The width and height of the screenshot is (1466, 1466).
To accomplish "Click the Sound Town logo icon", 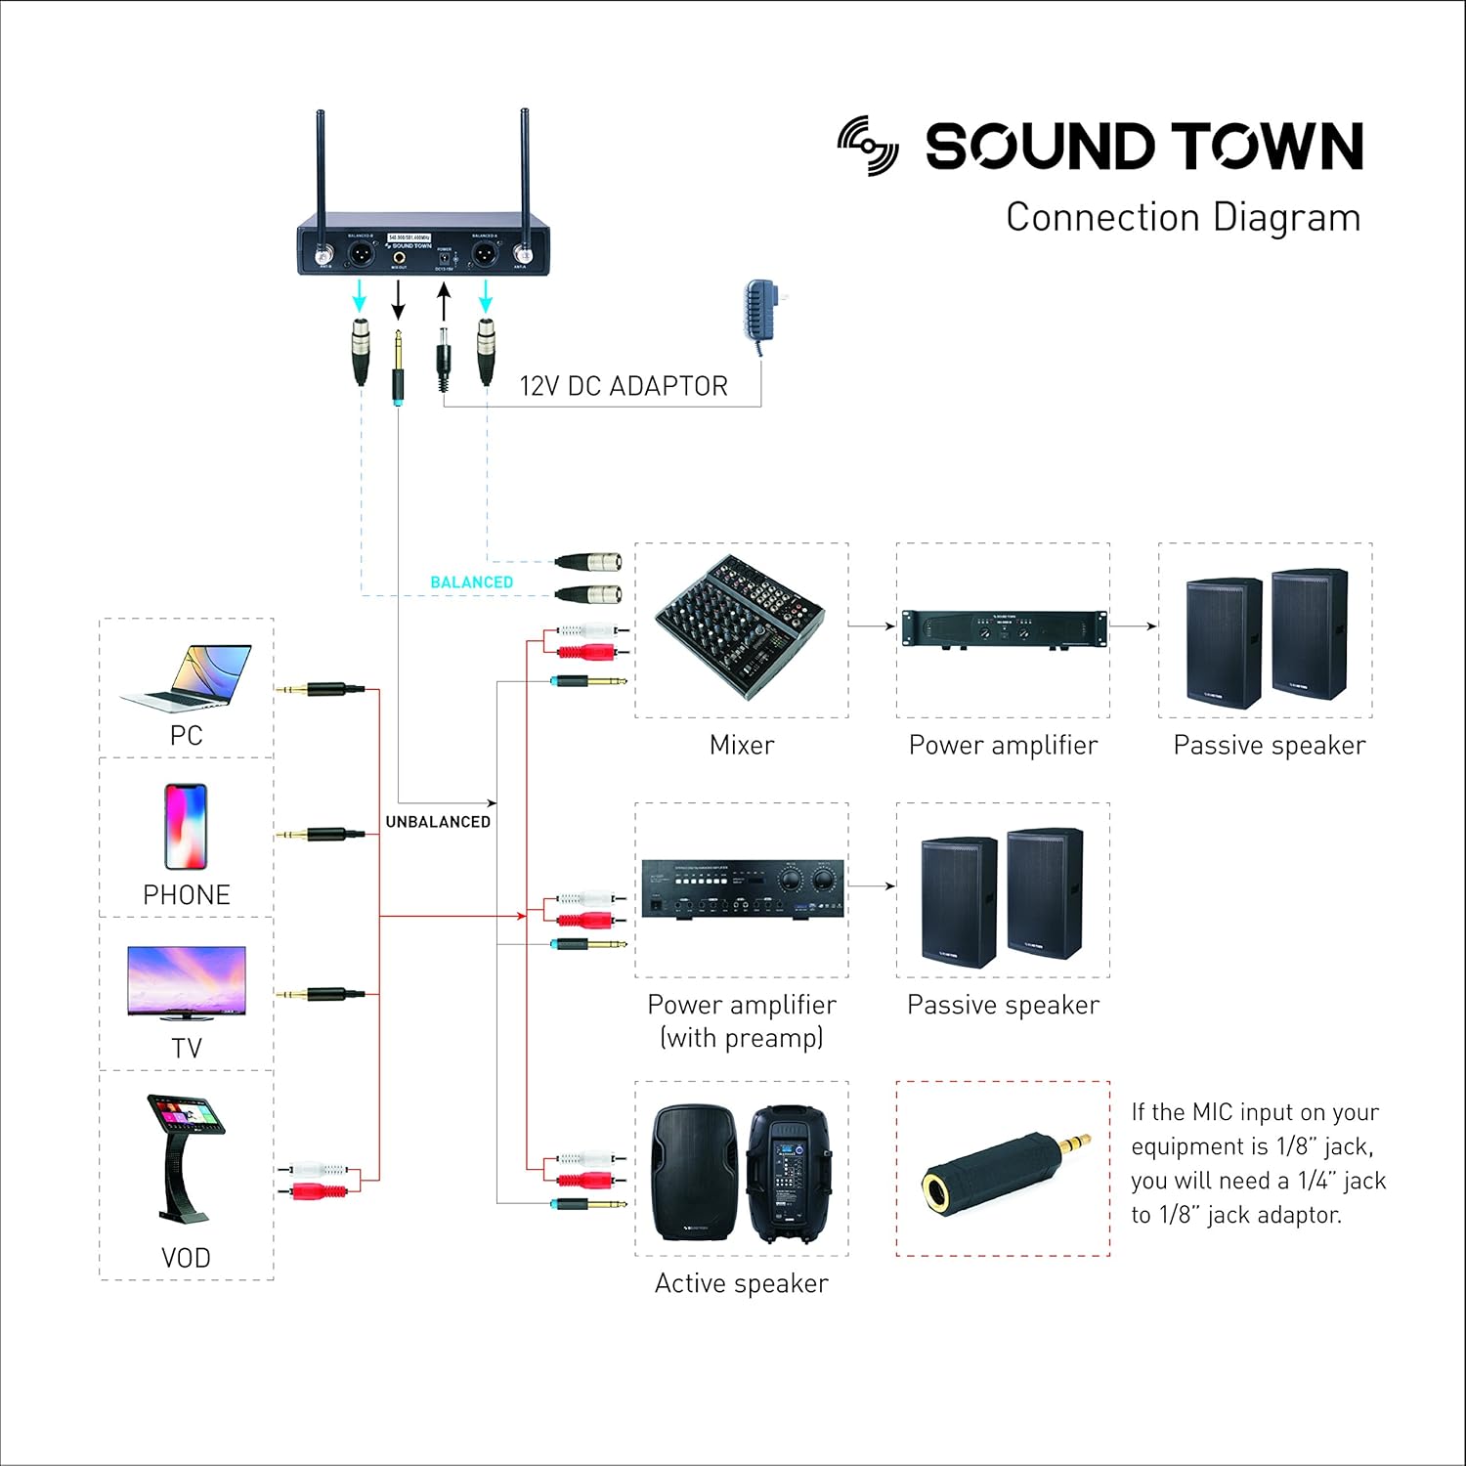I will [x=868, y=146].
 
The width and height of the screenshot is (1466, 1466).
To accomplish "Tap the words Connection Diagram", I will [x=1183, y=217].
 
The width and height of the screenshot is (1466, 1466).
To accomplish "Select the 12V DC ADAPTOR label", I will [x=623, y=386].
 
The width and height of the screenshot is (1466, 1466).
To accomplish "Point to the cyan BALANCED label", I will [x=471, y=582].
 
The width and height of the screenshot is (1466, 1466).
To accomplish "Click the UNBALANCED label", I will [x=438, y=822].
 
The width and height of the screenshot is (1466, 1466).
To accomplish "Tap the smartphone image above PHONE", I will [x=186, y=827].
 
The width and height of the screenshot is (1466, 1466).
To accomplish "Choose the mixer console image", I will [x=741, y=625].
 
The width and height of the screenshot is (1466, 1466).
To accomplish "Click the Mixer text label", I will [x=742, y=745].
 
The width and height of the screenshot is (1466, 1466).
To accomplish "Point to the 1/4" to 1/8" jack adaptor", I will [x=1005, y=1169].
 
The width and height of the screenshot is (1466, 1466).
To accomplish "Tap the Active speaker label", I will [x=741, y=1283].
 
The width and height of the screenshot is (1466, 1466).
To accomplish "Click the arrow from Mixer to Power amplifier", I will [x=872, y=625].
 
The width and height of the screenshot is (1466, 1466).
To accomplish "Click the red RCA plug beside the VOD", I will [x=319, y=1190].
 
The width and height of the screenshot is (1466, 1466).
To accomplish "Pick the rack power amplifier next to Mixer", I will [x=1004, y=628].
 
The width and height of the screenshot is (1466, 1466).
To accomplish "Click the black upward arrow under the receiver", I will [x=444, y=303].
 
